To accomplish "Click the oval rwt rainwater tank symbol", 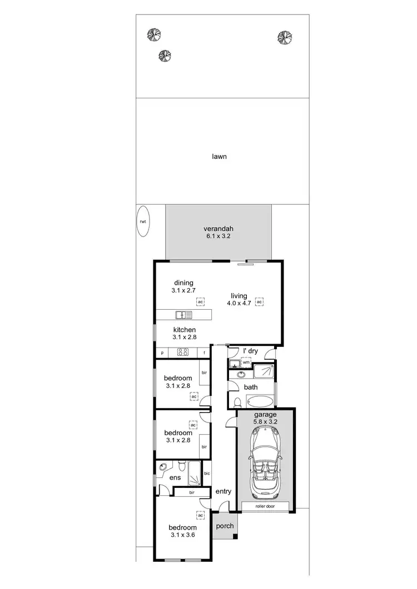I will pos(143,221).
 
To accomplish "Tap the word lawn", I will pos(219,157).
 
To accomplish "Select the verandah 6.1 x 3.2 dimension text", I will pos(218,236).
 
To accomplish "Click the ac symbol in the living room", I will pos(259,302).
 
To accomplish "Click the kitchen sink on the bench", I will pos(183,315).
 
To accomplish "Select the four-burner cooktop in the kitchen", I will pos(183,352).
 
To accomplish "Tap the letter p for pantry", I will pos(162,353).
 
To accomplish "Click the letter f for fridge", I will pos(204,353).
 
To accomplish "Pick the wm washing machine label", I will pos(246,362).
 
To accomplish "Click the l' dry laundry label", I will pos(250,351).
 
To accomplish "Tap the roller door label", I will pos(265,506).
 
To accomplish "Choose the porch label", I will pos(225,526).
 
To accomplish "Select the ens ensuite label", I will pos(167,477).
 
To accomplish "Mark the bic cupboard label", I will pos(207,474).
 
